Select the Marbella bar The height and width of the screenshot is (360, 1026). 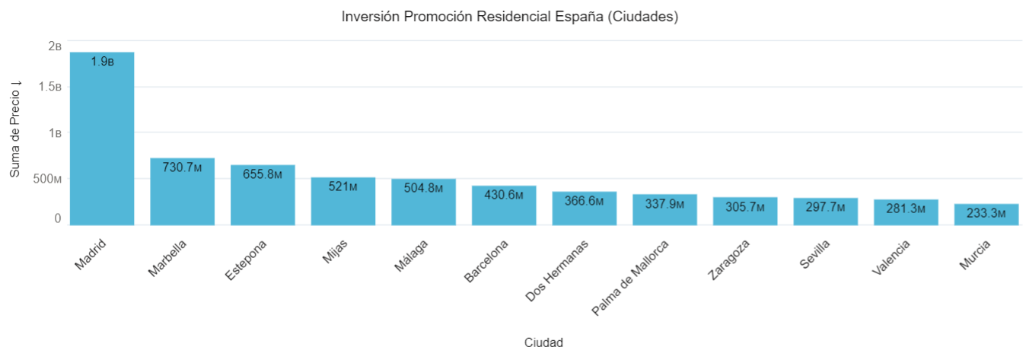(182, 194)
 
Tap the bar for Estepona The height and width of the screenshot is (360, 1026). (263, 198)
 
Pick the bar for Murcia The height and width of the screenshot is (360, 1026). (986, 215)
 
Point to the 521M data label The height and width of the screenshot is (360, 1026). (343, 186)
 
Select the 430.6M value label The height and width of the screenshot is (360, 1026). (504, 195)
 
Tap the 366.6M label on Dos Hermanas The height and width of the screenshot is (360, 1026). (584, 201)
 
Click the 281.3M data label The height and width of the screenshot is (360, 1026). (906, 209)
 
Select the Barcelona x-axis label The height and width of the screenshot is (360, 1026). (486, 261)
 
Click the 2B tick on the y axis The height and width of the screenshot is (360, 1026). (54, 46)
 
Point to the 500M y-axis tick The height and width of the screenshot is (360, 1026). (47, 179)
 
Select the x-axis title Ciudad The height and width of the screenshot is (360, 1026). (543, 342)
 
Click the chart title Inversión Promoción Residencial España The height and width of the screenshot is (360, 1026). (510, 17)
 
